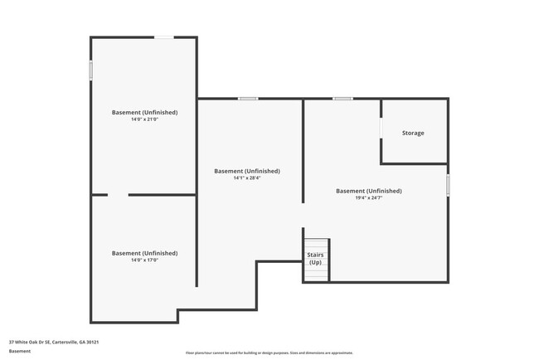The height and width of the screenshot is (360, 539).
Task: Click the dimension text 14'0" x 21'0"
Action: pos(144,119)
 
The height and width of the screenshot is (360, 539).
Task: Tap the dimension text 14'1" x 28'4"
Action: pos(247,178)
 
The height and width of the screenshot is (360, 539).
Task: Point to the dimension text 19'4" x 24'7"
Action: pos(368,197)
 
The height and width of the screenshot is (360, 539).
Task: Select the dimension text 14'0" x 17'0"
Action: pos(144,260)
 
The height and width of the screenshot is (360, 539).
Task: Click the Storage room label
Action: pos(413,133)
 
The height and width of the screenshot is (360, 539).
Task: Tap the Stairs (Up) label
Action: pos(315,259)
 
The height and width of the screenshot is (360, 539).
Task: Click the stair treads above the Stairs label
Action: pos(315,241)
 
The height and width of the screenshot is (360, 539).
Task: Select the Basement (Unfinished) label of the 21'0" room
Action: pos(144,112)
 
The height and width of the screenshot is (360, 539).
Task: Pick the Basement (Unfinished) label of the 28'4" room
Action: pos(247,171)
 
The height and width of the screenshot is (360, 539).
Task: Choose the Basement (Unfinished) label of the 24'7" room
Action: pos(368,191)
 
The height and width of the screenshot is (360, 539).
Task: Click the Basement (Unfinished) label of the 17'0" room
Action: pos(144,253)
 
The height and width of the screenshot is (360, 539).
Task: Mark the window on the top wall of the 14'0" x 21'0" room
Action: pos(164,37)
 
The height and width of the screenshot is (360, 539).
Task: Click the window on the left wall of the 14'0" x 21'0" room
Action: pos(90,71)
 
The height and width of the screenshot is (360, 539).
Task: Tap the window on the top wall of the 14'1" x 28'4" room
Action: pos(247,99)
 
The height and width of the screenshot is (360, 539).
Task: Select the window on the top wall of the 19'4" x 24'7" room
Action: pos(342,99)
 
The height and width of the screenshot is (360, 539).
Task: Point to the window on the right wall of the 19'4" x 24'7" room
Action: pos(448,184)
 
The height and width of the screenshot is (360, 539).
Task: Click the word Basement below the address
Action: pos(20,351)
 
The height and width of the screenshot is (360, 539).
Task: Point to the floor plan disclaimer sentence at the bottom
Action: pos(269,353)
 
